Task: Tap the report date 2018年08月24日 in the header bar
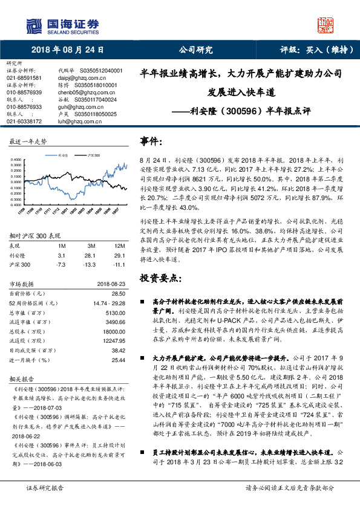67,50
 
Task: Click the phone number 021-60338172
24,121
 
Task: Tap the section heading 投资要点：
160,279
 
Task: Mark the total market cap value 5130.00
115,313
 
